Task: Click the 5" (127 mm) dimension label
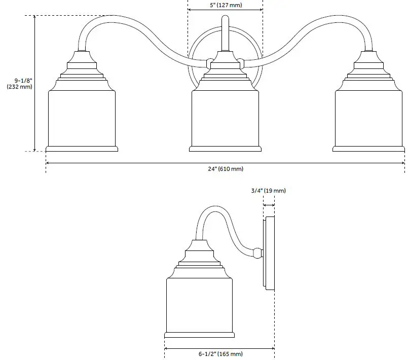tap(225, 5)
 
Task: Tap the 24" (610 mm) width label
tap(226, 169)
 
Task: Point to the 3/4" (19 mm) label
tap(269, 191)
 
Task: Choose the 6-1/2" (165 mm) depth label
tap(219, 353)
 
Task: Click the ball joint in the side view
tap(257, 251)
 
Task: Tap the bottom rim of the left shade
tap(82, 149)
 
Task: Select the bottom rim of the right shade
tap(368, 149)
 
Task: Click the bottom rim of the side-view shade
tap(199, 335)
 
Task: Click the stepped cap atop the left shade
tap(82, 68)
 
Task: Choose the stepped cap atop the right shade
tap(368, 68)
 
